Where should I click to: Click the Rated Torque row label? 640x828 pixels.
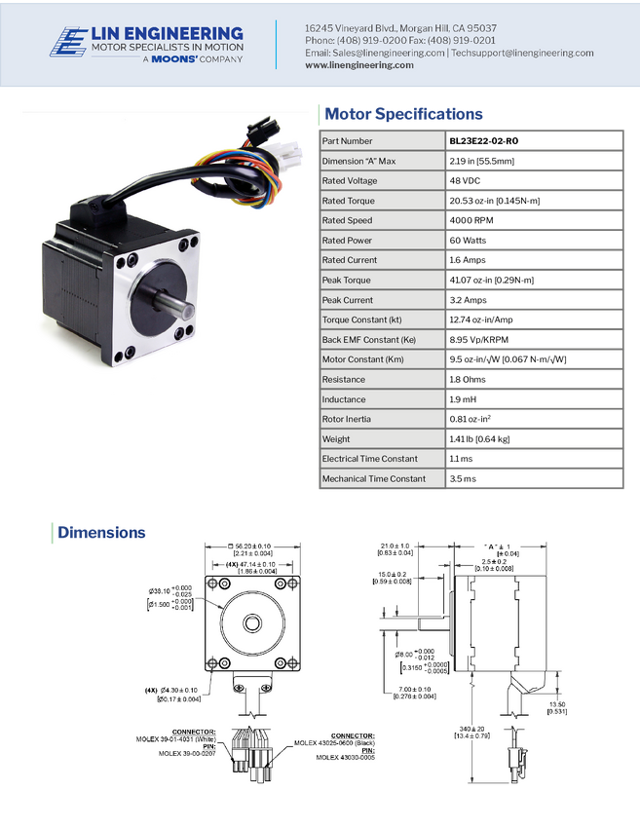348,201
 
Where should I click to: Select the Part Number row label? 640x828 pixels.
347,141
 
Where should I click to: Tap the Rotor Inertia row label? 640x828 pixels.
346,419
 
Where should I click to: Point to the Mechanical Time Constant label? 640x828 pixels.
373,478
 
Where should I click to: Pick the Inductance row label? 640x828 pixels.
344,399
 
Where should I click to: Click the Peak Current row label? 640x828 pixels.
348,300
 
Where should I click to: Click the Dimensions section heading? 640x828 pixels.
101,532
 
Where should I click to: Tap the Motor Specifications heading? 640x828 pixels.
403,114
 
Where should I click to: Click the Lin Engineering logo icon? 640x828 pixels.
68,43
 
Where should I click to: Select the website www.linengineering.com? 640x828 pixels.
359,65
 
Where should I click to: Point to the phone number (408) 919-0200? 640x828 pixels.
369,41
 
